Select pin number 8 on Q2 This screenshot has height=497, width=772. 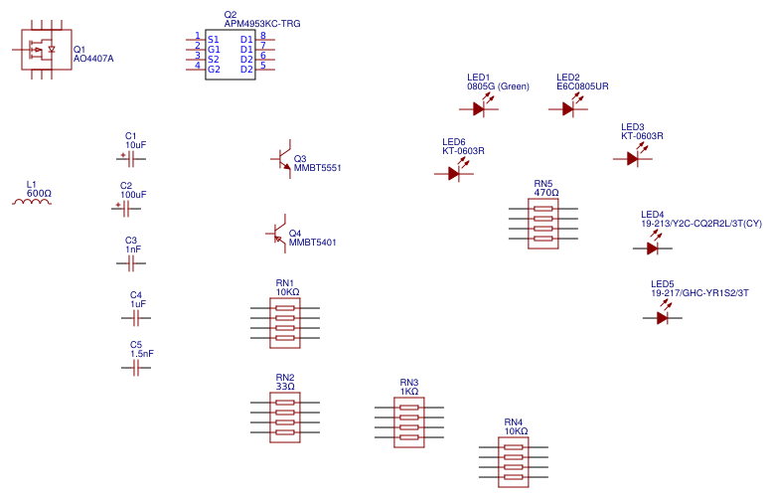[x=262, y=36]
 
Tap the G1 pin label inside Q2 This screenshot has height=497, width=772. [x=214, y=49]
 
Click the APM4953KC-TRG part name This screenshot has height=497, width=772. [x=262, y=23]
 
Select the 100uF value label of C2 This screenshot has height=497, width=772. [x=133, y=195]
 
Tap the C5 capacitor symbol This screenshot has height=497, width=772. [x=136, y=368]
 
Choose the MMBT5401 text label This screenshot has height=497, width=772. [x=312, y=243]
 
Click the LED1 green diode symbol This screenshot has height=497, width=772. [x=480, y=108]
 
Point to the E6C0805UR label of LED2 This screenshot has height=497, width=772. [x=582, y=86]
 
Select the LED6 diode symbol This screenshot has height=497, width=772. [x=455, y=173]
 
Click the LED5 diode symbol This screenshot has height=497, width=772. [x=663, y=317]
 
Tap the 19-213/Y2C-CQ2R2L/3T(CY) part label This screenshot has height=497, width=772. [x=701, y=224]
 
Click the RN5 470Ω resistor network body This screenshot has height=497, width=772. [x=542, y=224]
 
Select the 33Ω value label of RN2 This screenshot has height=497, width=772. [x=285, y=387]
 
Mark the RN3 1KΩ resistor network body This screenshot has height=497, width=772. [x=409, y=422]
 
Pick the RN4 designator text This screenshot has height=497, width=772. [x=513, y=421]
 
